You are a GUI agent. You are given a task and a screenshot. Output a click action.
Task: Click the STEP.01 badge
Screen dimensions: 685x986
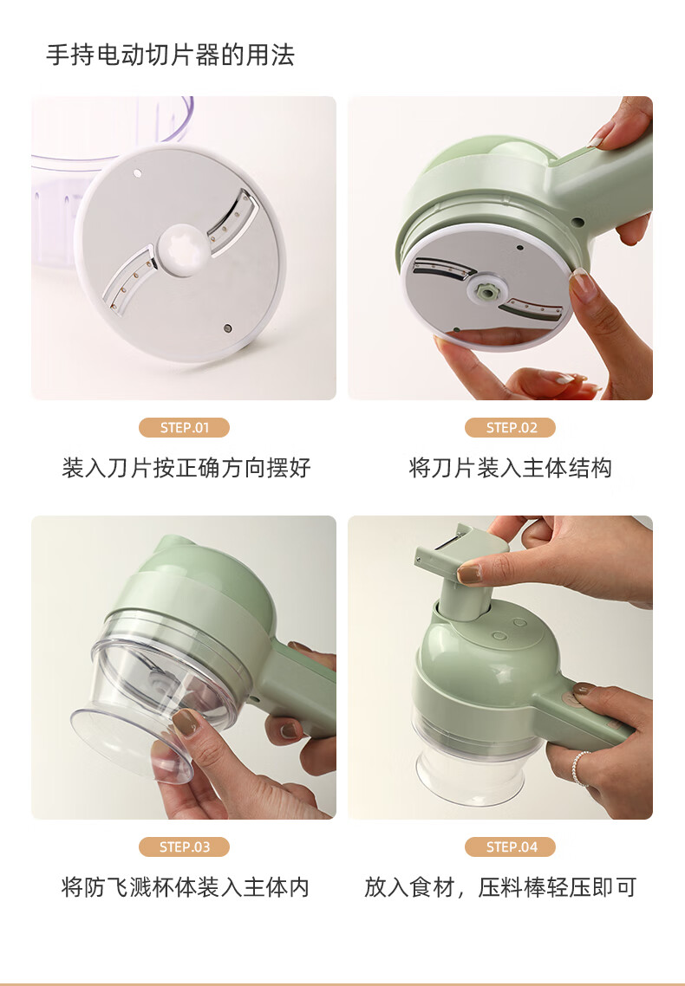coord(185,428)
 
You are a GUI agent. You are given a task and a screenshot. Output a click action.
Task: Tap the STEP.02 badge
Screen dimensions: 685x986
coord(510,428)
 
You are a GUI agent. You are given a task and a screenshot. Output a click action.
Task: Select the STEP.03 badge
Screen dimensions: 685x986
coord(185,847)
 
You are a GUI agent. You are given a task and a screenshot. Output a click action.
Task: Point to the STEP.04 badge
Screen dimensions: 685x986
coord(510,847)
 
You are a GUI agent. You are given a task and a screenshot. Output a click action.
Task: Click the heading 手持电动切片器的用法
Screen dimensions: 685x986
coord(171,55)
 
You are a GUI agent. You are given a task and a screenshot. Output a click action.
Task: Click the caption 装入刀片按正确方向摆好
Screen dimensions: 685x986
coord(186,468)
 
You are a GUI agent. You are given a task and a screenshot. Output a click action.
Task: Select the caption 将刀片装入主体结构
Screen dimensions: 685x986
coord(510,468)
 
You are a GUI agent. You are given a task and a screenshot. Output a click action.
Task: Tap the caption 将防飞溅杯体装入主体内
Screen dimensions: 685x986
coord(186,887)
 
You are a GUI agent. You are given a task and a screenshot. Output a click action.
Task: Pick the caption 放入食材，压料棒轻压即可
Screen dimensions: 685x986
coord(500,887)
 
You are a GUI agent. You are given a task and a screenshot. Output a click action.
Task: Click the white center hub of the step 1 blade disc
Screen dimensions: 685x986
coord(184,250)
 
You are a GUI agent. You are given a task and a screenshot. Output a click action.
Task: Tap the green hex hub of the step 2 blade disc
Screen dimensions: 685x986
coord(486,290)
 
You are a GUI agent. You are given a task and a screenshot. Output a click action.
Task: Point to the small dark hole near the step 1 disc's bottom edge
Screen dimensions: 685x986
coord(228,328)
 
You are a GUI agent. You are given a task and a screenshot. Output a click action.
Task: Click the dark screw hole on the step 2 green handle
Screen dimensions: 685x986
coord(576,223)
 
